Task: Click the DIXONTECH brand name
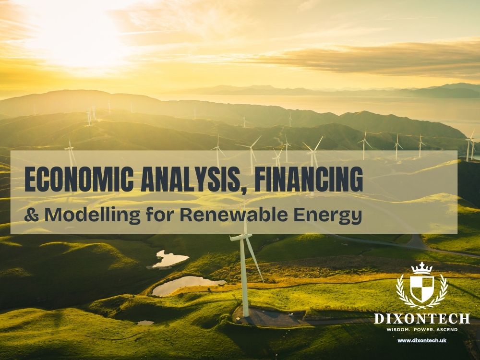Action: tap(422, 318)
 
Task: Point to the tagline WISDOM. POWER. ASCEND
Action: tap(422, 330)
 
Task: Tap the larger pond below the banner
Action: tap(185, 286)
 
